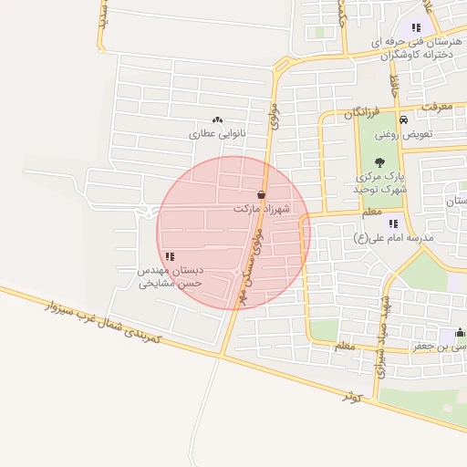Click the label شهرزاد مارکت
(x=261, y=209)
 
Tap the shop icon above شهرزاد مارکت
(x=262, y=195)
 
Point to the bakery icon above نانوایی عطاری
(x=217, y=119)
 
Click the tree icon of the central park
(x=379, y=161)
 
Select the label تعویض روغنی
(x=431, y=133)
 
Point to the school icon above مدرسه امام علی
(x=393, y=223)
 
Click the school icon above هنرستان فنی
(x=417, y=28)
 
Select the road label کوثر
(x=353, y=397)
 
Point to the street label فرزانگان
(x=361, y=113)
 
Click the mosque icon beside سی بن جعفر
(x=459, y=332)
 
